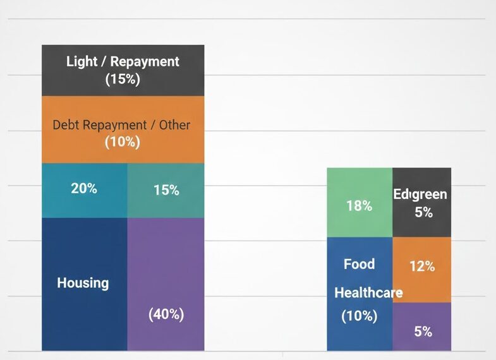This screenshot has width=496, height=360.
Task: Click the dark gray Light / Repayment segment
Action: [x=123, y=70]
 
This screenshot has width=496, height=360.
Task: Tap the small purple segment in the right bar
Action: [x=422, y=327]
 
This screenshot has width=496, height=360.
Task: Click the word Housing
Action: [x=83, y=283]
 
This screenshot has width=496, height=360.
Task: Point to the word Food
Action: [x=359, y=264]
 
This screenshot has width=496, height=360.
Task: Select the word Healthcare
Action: [x=368, y=293]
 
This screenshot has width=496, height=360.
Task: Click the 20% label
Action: [x=84, y=188]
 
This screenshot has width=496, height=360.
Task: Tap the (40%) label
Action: [x=166, y=314]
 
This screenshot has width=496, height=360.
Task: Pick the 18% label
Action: [x=359, y=205]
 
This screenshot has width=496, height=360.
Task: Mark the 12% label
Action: [x=422, y=267]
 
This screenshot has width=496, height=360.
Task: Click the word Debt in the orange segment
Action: [x=67, y=124]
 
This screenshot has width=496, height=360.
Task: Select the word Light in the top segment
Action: [x=82, y=62]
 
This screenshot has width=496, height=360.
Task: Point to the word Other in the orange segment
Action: [x=174, y=124]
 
